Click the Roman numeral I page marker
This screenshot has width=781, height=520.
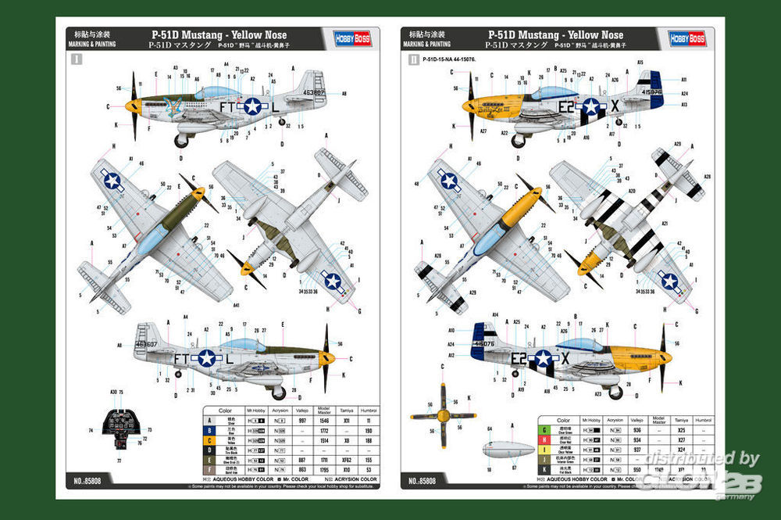(77, 59)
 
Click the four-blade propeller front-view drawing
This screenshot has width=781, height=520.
(443, 415)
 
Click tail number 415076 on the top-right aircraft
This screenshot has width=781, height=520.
(651, 91)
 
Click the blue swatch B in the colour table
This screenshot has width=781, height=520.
(209, 430)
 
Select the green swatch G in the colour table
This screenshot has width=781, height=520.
(543, 430)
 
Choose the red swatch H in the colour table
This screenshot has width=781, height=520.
(543, 440)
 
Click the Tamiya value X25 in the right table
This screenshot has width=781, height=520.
(681, 430)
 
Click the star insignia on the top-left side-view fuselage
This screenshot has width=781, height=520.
(252, 106)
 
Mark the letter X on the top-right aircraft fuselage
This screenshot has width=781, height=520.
(615, 103)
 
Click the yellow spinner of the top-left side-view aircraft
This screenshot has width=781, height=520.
(133, 105)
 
